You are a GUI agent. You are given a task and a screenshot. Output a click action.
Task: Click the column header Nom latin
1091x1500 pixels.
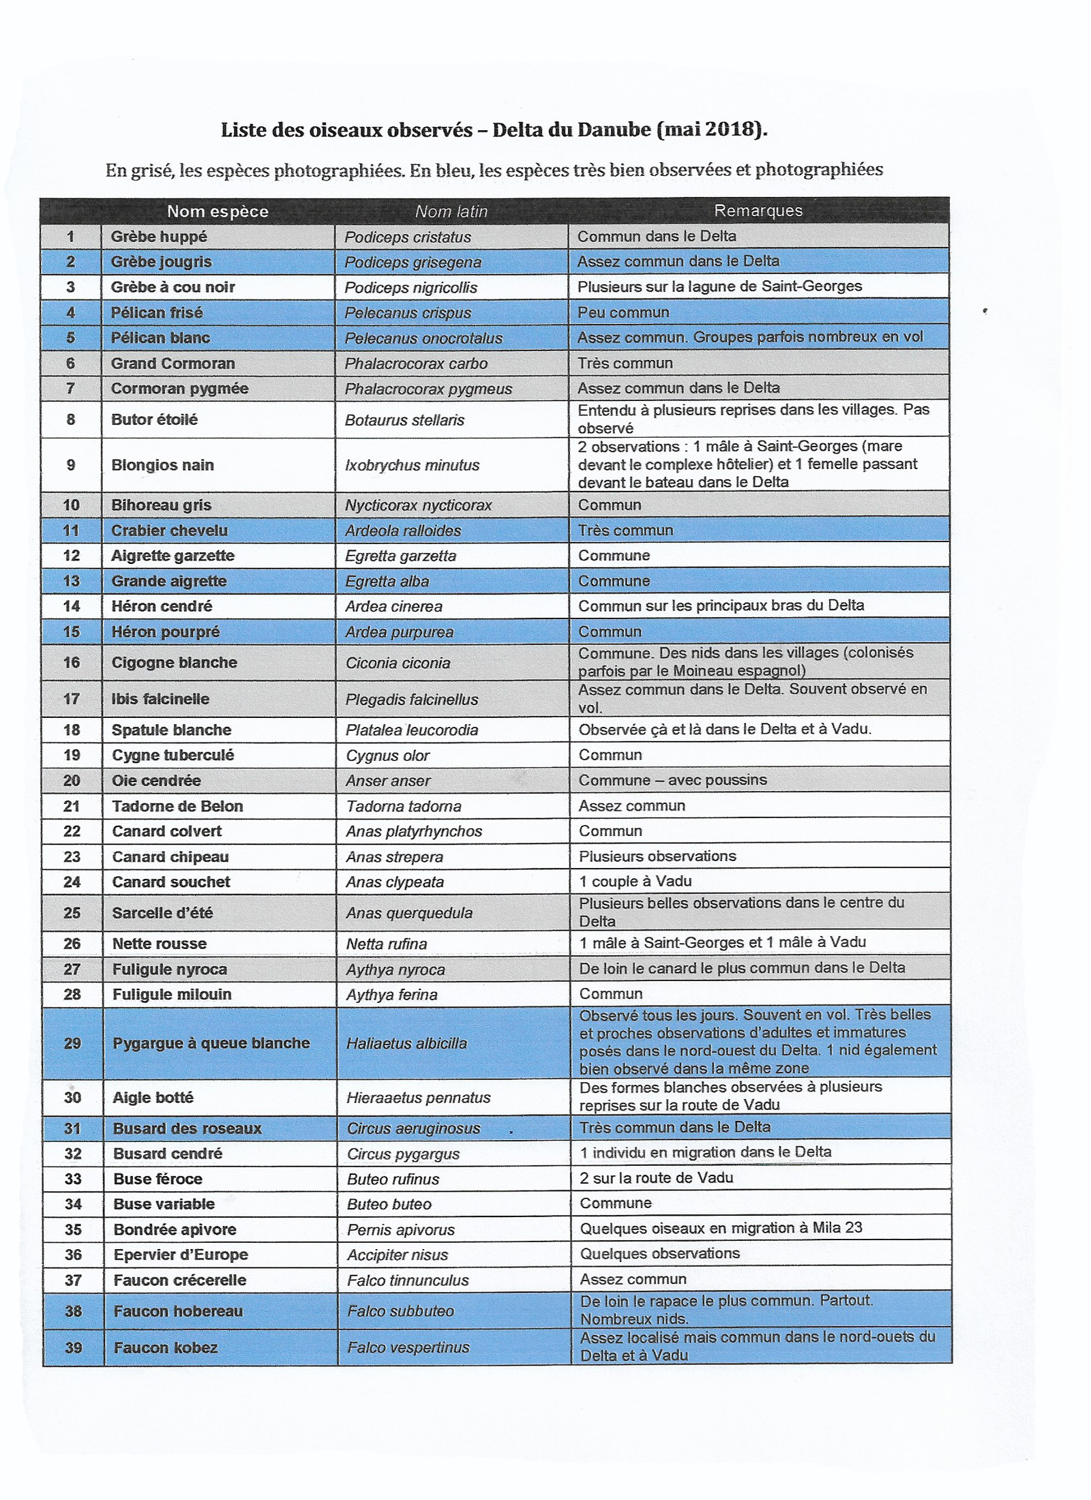(451, 211)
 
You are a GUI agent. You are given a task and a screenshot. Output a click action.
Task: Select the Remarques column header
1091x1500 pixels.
(758, 211)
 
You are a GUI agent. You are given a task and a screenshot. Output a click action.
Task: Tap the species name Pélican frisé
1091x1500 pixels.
(157, 312)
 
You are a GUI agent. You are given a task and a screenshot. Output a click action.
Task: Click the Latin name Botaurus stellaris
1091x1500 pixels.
(404, 419)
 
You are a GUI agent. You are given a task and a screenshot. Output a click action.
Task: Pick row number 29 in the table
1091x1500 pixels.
(72, 1043)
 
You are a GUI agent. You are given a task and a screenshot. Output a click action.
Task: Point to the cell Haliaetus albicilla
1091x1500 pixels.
(406, 1043)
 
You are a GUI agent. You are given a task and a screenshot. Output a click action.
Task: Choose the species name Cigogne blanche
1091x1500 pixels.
(175, 662)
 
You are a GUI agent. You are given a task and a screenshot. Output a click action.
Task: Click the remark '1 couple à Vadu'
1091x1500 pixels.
(636, 881)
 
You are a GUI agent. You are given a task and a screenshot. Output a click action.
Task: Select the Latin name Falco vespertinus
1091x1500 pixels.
(408, 1347)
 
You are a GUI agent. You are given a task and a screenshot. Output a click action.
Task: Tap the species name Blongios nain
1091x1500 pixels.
(162, 465)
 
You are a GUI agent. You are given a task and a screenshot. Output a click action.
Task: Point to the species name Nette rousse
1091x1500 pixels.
(159, 944)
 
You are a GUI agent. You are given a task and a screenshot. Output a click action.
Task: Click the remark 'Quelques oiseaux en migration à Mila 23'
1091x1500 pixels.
(721, 1228)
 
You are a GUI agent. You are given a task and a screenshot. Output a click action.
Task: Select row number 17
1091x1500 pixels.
(72, 699)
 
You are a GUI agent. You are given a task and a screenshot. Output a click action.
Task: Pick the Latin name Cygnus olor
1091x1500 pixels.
(388, 755)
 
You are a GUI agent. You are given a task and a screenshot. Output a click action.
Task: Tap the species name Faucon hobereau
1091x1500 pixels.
(178, 1310)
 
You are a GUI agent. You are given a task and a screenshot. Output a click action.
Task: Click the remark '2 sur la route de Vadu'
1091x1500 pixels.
(656, 1177)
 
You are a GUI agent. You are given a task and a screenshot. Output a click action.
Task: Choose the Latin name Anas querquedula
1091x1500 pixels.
(409, 913)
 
